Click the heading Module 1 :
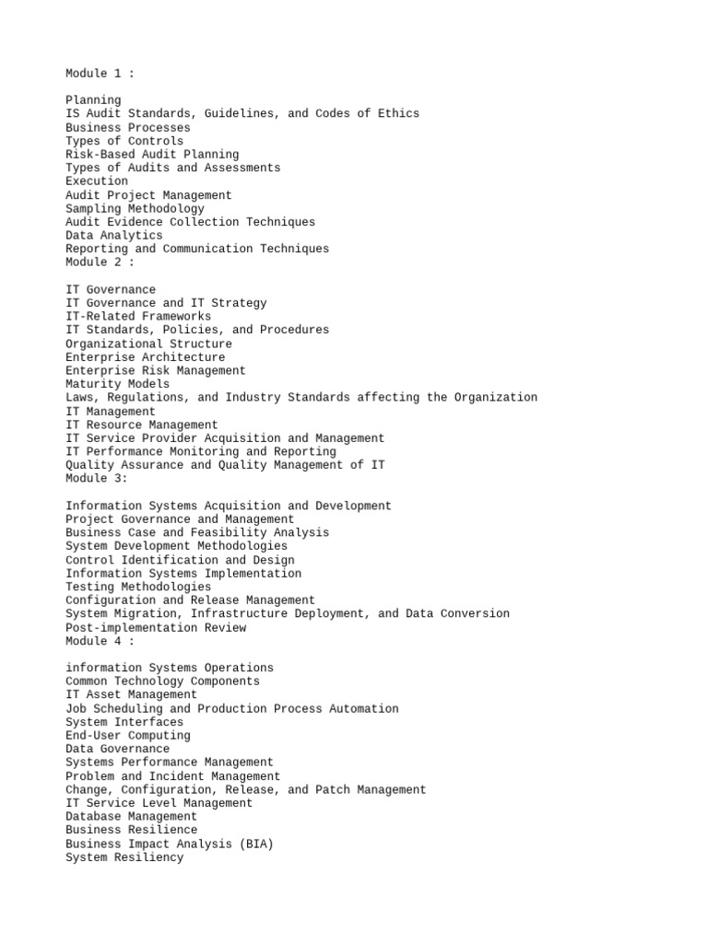pos(100,74)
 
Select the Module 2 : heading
pos(100,262)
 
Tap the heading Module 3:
pos(97,479)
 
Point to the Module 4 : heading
pos(100,641)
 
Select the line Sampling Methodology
pos(135,209)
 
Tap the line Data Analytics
pos(113,236)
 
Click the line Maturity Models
pos(117,384)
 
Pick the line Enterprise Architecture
pos(145,357)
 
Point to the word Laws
pos(79,398)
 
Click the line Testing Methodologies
pos(138,587)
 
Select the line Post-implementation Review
pos(156,628)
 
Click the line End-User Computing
pos(128,736)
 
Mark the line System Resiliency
pos(124,857)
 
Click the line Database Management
pos(131,817)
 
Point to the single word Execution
pos(97,181)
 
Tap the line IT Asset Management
pos(131,695)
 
